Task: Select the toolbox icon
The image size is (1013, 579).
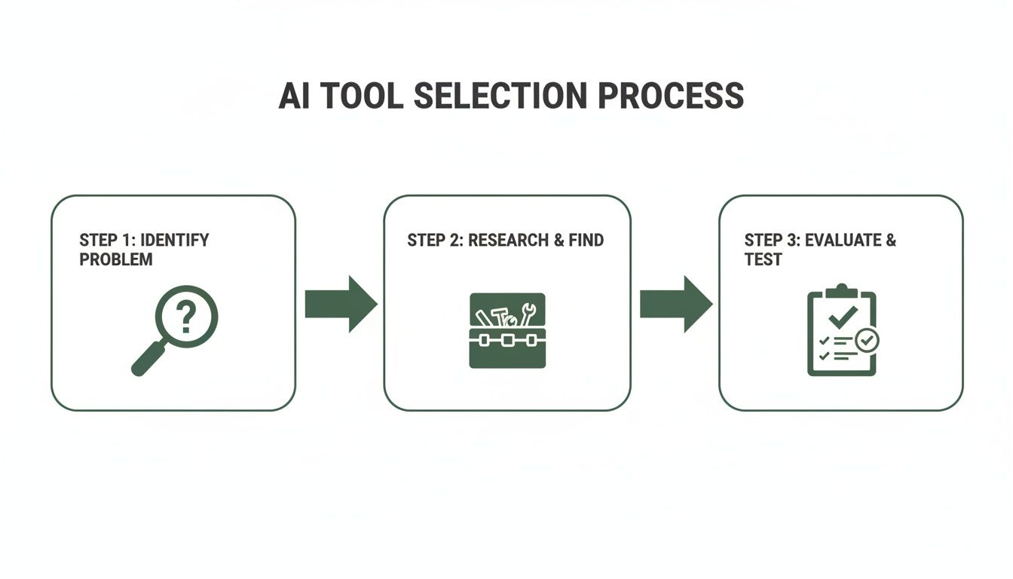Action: [x=506, y=330]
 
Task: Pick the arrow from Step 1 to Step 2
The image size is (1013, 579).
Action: [x=341, y=304]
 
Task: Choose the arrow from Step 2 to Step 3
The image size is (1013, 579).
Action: [x=675, y=304]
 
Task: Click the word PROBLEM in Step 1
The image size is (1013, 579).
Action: [x=115, y=260]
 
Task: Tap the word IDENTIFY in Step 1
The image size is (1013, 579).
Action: [x=175, y=240]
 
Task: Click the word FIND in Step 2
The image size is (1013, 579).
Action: [x=587, y=240]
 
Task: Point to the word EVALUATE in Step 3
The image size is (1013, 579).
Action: [x=843, y=240]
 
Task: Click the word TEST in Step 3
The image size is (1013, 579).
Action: [x=763, y=260]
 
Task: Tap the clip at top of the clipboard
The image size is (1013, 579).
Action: [x=842, y=290]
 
